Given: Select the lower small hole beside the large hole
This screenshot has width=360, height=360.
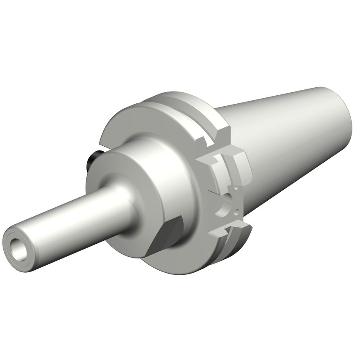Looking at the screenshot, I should (x=237, y=211).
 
